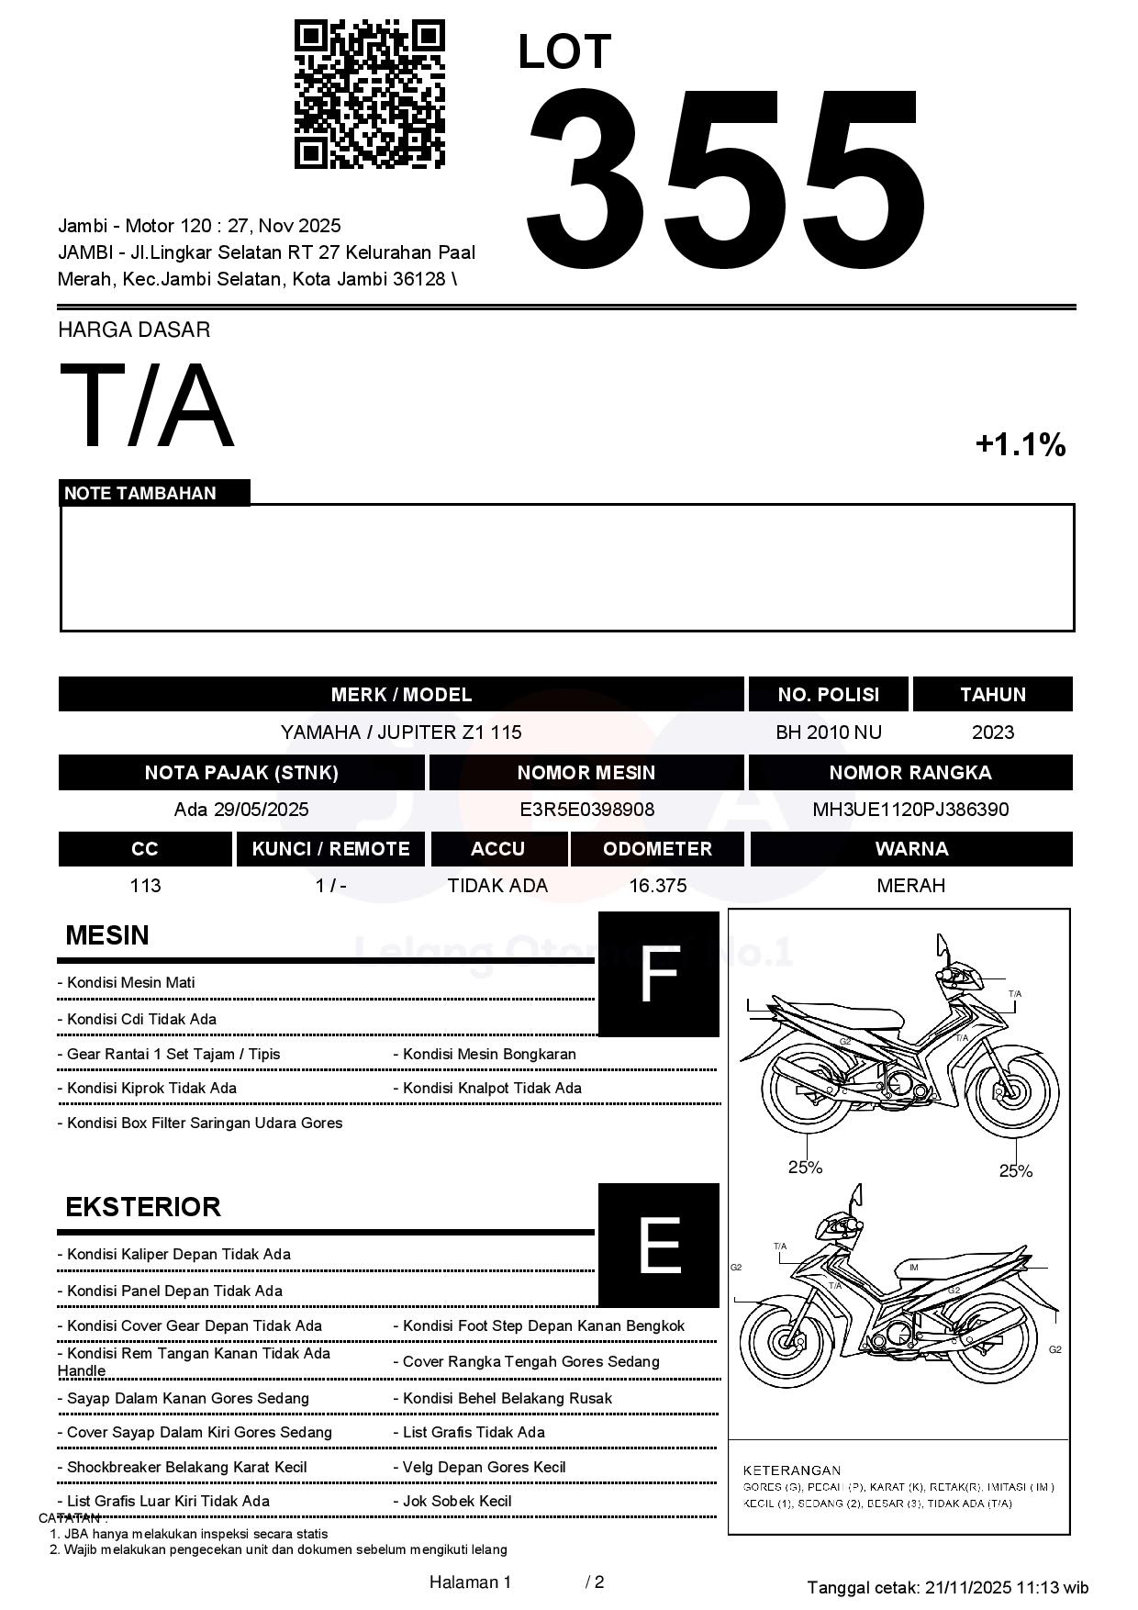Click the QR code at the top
click(369, 95)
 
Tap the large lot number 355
click(725, 179)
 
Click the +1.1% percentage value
click(1020, 445)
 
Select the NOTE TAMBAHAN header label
click(140, 493)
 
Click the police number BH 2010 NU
click(829, 732)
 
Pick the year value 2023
click(993, 732)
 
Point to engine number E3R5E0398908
click(586, 810)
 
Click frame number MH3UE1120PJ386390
click(910, 810)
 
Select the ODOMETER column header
click(657, 849)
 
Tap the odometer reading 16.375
click(657, 886)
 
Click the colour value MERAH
click(910, 886)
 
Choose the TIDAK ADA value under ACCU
click(497, 886)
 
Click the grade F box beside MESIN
click(658, 974)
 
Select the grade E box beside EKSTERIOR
click(658, 1245)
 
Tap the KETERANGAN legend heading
click(791, 1470)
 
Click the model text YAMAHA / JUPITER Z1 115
click(401, 732)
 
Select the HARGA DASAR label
click(134, 330)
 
